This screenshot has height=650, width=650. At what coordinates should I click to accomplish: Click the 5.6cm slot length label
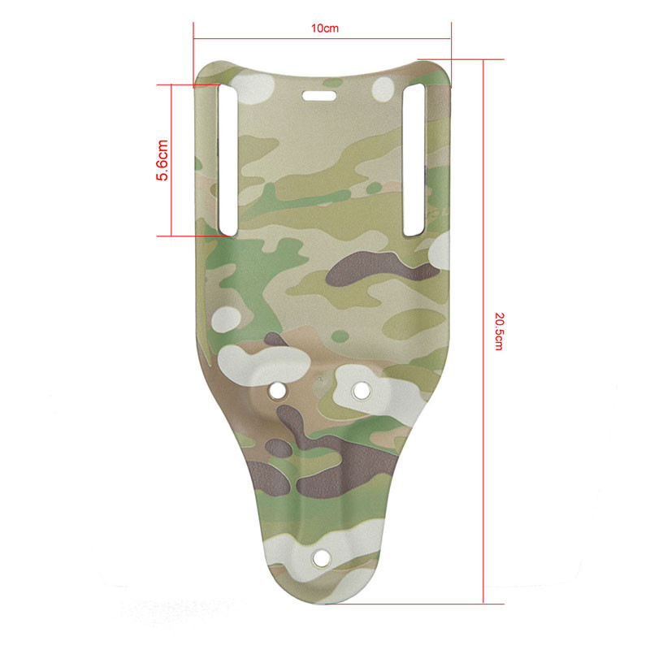[x=162, y=159]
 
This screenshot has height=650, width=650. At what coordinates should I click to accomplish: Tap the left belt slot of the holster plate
[x=227, y=159]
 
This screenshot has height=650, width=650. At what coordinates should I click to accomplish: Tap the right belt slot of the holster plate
[x=415, y=159]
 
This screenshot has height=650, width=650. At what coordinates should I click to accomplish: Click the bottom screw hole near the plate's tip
[x=321, y=557]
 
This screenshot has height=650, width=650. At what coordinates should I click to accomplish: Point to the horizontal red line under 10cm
[x=322, y=37]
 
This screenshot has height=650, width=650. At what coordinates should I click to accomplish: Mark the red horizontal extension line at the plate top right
[x=463, y=58]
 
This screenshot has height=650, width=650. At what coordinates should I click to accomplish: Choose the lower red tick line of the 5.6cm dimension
[x=191, y=236]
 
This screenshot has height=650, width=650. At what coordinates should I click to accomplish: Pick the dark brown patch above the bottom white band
[x=325, y=479]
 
